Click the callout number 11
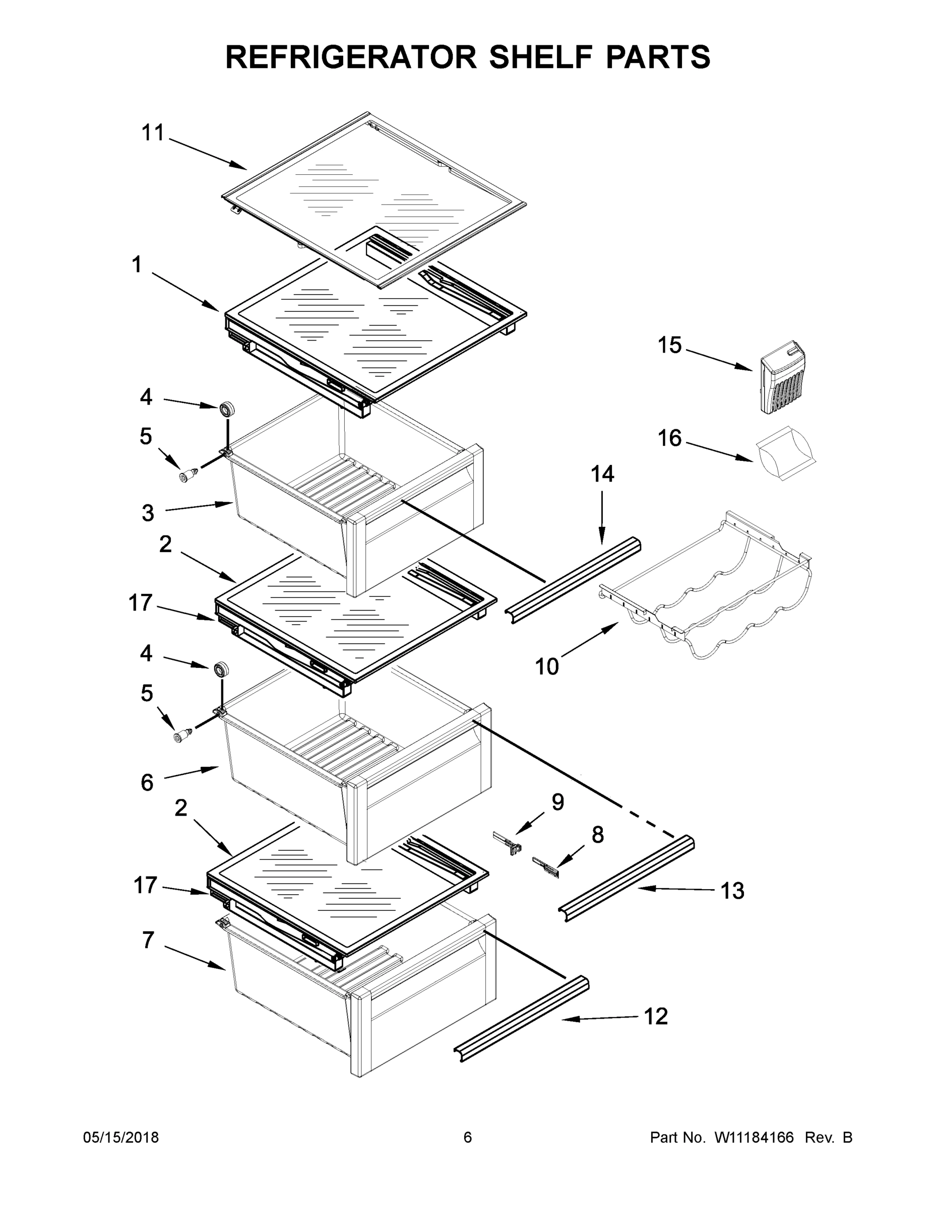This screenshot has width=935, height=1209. pos(153,133)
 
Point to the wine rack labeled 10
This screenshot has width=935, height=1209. pos(715,592)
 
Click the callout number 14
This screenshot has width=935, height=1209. pos(602,474)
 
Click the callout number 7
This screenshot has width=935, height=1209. pos(148,940)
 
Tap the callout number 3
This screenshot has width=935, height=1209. pos(147,513)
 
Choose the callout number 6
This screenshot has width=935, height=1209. pos(147,783)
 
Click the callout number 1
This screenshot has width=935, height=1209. pos(136,264)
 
